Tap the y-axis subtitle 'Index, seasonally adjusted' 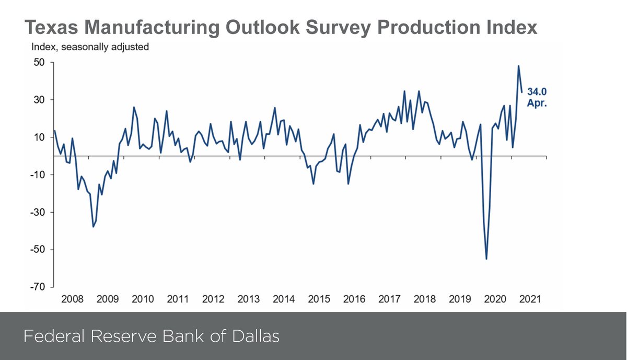[90, 47]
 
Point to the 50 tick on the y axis [41, 62]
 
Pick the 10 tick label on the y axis [41, 137]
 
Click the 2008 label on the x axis [72, 299]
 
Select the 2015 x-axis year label [319, 299]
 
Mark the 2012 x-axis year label [213, 299]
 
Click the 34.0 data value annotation [537, 92]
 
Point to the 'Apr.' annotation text [537, 103]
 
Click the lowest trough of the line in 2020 [486, 259]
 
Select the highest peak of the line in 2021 [518, 66]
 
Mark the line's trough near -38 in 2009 [93, 226]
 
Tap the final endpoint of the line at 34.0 [521, 92]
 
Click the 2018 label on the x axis [424, 299]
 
